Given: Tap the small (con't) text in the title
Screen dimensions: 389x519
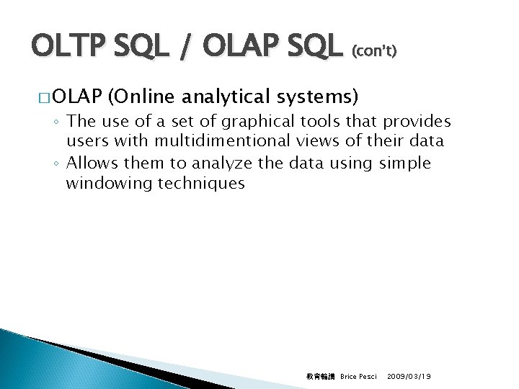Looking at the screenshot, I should coord(373,53).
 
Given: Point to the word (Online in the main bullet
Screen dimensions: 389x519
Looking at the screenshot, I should coord(140,96).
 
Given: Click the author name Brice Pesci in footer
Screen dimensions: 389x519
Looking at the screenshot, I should coord(358,377).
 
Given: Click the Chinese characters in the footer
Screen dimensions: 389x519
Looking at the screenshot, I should coord(320,377).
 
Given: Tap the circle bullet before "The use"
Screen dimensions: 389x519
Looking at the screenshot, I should coord(56,122).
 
